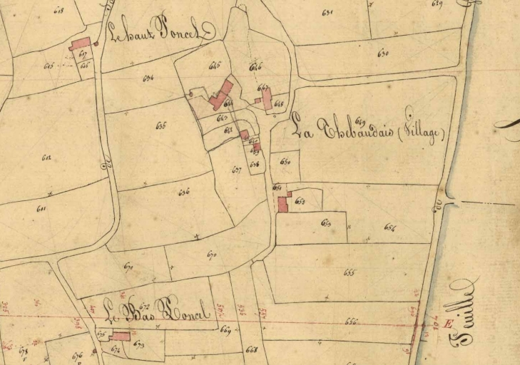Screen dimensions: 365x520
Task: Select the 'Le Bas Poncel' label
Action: pos(156,311)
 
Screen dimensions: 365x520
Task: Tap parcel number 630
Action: pos(383,53)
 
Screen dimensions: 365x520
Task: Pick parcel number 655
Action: pos(349,272)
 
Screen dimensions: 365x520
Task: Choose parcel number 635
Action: pos(160,125)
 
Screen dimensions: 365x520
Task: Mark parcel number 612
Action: pos(46,157)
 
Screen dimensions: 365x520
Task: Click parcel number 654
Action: pos(389,227)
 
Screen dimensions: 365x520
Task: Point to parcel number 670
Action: pos(211,255)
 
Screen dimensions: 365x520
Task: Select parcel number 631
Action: pos(327,12)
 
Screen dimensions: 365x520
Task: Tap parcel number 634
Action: pos(148,78)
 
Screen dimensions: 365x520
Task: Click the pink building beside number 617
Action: pos(80,43)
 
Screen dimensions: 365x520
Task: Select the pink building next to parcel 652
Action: pos(282,204)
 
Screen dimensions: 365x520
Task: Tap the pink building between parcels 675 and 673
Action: pos(121,336)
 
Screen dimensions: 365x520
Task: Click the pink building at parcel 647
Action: pos(266,98)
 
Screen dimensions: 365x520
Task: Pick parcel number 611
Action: pos(41,208)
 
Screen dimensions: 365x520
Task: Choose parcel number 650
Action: pos(285,162)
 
